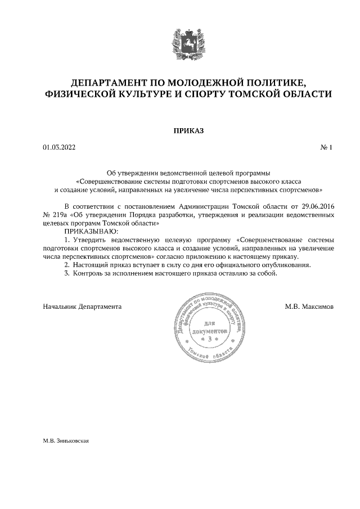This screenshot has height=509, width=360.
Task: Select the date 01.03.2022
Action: click(58, 148)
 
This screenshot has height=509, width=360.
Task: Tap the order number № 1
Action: click(327, 148)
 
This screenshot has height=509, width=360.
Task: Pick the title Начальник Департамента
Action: click(82, 307)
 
